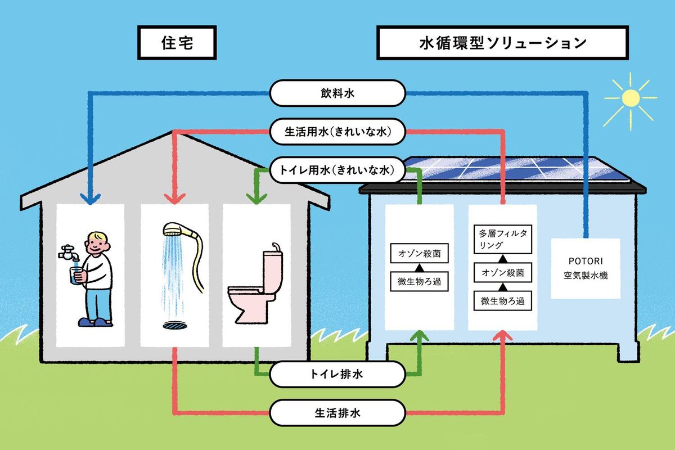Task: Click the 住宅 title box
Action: (x=177, y=43)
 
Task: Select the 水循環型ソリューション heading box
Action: (x=503, y=43)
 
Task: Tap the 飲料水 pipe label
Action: (x=337, y=92)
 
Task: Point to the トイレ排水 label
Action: (x=337, y=374)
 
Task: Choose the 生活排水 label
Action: (x=337, y=413)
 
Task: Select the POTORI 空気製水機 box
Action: (x=585, y=268)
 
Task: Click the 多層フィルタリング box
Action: (x=502, y=239)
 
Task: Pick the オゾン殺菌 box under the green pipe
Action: (x=419, y=253)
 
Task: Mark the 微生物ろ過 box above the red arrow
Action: (x=502, y=300)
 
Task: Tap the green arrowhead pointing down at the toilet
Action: (x=256, y=199)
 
